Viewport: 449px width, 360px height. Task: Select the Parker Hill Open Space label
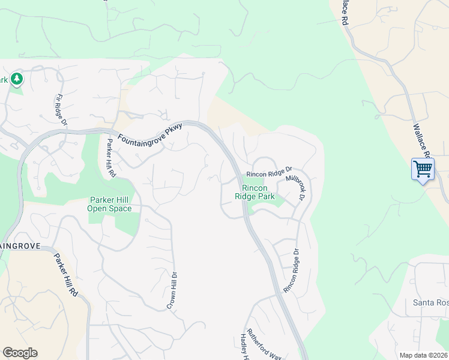click(x=110, y=204)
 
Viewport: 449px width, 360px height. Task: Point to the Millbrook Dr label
click(x=296, y=187)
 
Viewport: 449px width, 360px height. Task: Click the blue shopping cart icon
click(x=423, y=169)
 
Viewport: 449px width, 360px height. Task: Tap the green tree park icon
click(x=17, y=79)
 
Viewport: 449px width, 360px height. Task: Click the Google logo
click(x=20, y=353)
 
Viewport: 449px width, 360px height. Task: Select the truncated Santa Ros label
click(x=430, y=303)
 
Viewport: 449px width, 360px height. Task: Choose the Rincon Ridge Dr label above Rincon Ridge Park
click(x=269, y=174)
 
